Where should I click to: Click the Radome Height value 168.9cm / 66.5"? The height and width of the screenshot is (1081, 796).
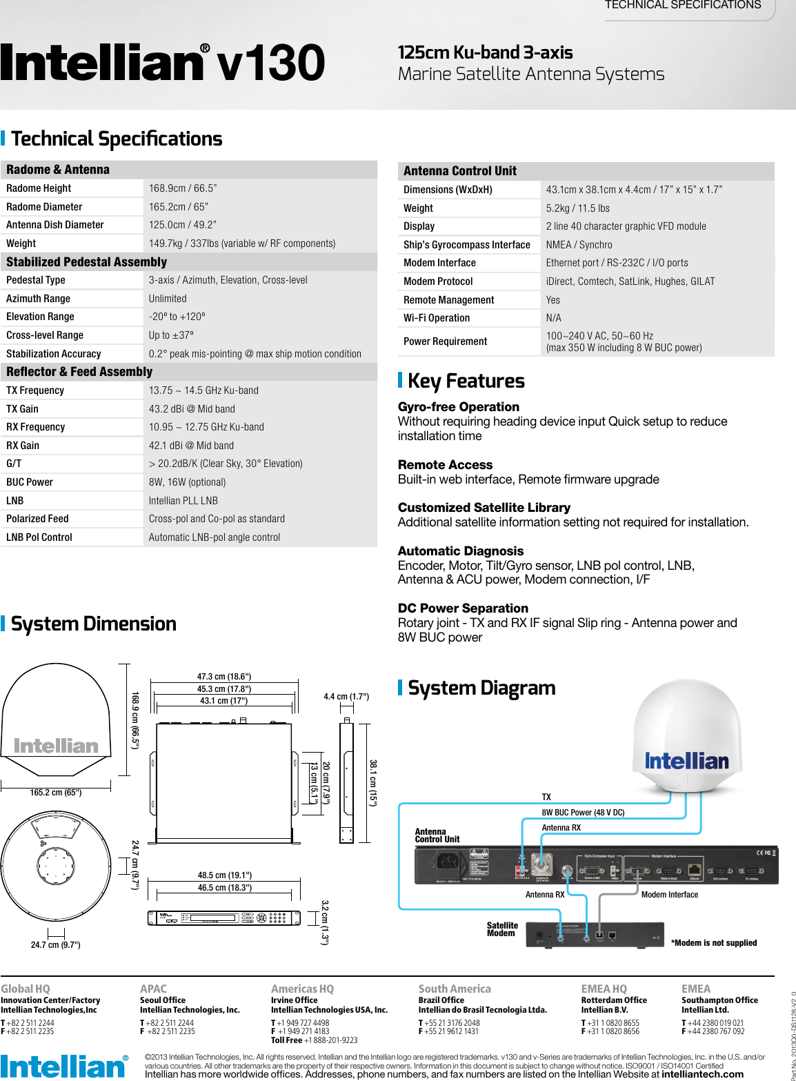(x=183, y=188)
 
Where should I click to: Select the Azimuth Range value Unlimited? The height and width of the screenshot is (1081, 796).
(x=168, y=299)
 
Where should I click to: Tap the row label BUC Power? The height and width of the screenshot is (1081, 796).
(x=30, y=482)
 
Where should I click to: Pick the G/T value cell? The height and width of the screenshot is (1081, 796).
(x=226, y=464)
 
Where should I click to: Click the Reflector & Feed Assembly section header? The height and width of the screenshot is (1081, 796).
(x=79, y=372)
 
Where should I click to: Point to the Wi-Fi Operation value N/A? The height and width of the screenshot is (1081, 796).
(x=554, y=318)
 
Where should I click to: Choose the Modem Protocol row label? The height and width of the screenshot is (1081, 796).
(x=438, y=281)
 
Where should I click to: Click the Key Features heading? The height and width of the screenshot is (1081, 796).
(x=466, y=381)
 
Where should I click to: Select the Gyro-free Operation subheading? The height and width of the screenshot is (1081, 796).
(x=459, y=407)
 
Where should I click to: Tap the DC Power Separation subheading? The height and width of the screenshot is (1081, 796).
(x=463, y=608)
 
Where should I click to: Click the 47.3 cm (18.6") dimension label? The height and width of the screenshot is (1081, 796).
(x=224, y=677)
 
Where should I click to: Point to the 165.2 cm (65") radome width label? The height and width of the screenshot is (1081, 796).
(x=56, y=793)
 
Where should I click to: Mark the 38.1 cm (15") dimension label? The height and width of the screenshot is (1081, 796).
(x=373, y=783)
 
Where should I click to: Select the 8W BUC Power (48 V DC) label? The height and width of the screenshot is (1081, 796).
(x=583, y=813)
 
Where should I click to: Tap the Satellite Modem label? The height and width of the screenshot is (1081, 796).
(x=502, y=929)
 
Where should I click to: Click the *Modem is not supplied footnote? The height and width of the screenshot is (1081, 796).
(x=714, y=943)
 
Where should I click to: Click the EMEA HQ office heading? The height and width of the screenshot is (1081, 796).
(x=604, y=989)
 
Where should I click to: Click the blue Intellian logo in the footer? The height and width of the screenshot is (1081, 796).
(x=63, y=1067)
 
